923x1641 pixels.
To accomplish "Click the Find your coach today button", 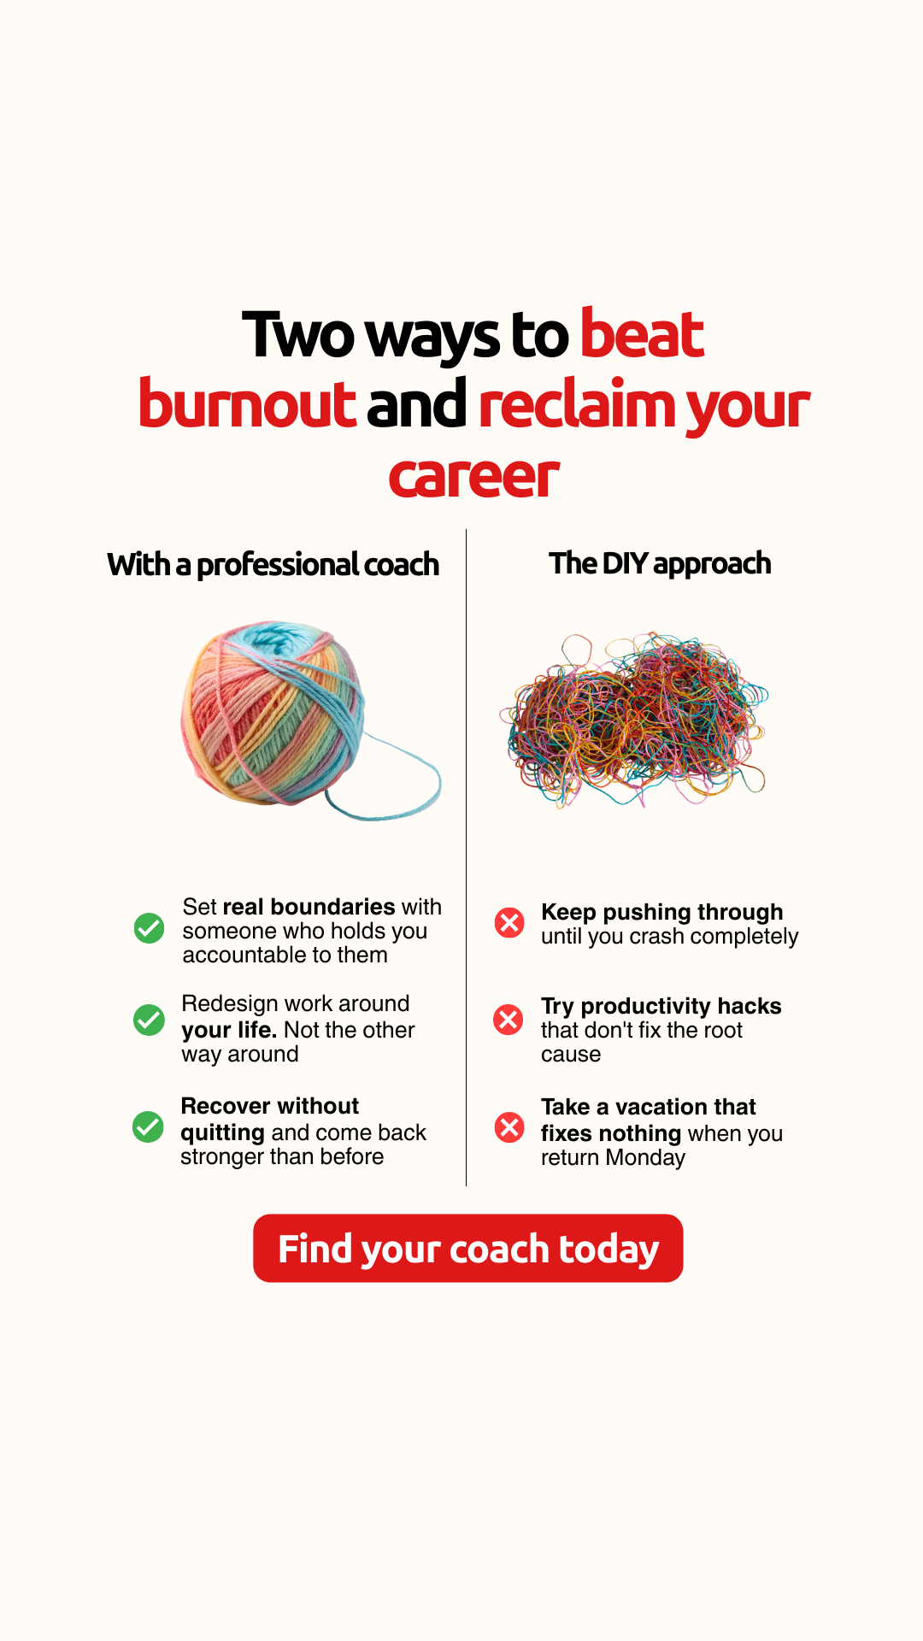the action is (x=467, y=1248).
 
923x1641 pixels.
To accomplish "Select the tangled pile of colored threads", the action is (x=634, y=720).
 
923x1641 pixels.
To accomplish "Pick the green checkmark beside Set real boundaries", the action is (x=149, y=928).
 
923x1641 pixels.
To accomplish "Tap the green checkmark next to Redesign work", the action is (x=149, y=1020).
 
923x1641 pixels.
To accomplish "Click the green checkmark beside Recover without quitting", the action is (x=148, y=1126).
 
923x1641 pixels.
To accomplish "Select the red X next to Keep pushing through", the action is (x=509, y=922).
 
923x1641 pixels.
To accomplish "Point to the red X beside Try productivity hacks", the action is (x=509, y=1019).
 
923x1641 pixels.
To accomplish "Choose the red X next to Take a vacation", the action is (x=509, y=1127).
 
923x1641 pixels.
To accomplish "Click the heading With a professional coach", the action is (x=273, y=565).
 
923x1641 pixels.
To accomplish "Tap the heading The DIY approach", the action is (x=660, y=564).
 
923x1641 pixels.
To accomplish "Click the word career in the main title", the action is (x=474, y=477).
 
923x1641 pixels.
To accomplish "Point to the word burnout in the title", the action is (x=247, y=403).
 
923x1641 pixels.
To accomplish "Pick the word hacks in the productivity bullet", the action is (x=750, y=1006).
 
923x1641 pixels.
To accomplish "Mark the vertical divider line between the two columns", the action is (x=466, y=857).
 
